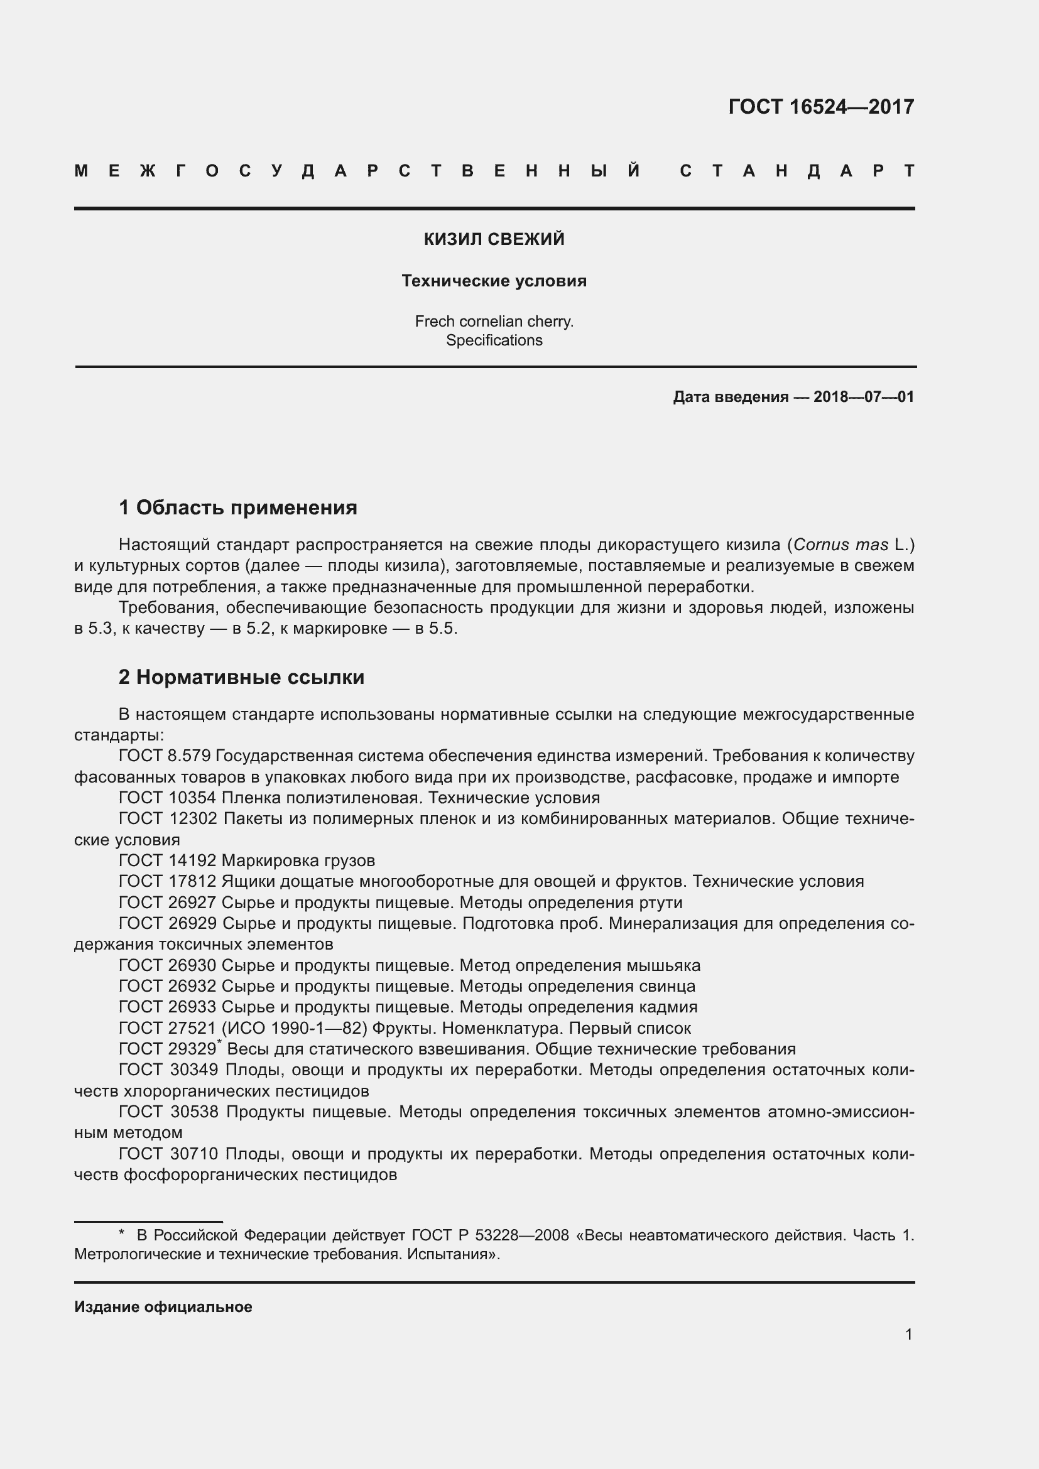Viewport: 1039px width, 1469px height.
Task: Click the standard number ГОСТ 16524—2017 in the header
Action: point(821,106)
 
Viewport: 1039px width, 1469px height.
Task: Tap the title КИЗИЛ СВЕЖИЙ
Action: point(494,239)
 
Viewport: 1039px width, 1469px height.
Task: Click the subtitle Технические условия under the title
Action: point(494,281)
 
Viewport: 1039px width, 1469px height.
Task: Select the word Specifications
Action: point(494,340)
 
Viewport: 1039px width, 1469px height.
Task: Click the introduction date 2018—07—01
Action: point(863,397)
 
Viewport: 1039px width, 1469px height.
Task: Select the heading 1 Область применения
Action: point(238,507)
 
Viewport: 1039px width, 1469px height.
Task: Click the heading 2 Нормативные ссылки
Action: point(241,677)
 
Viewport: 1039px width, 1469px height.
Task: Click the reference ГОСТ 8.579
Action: point(165,756)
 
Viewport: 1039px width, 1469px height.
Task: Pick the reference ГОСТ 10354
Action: point(168,798)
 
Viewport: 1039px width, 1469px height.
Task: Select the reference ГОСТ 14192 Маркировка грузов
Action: point(246,860)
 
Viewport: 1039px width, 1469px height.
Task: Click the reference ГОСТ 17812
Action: point(168,881)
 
